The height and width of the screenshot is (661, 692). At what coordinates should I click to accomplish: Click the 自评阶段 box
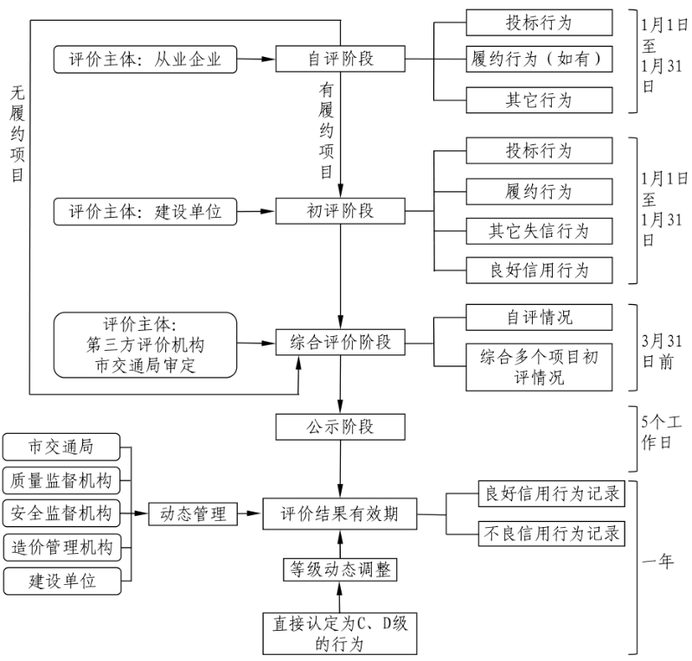(x=341, y=59)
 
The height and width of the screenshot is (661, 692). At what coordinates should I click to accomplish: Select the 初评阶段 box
(x=341, y=211)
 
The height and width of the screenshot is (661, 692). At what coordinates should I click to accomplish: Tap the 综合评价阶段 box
(x=341, y=342)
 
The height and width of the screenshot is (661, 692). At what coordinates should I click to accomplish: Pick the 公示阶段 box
(x=341, y=426)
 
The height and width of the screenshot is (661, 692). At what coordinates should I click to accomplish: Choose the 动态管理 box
(x=192, y=514)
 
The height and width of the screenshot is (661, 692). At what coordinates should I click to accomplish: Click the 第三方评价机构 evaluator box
(x=145, y=345)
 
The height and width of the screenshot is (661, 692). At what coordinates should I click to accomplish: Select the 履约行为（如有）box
(x=539, y=60)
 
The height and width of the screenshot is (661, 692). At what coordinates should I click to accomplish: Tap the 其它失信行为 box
(x=539, y=231)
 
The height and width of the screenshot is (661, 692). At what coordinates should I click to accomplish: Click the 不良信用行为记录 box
(x=551, y=533)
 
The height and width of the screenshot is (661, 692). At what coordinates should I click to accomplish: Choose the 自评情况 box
(x=539, y=316)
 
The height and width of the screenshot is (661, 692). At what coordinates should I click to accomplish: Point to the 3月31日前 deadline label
(x=659, y=351)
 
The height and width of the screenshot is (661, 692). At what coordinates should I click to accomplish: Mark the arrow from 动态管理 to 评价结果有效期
(x=247, y=514)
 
